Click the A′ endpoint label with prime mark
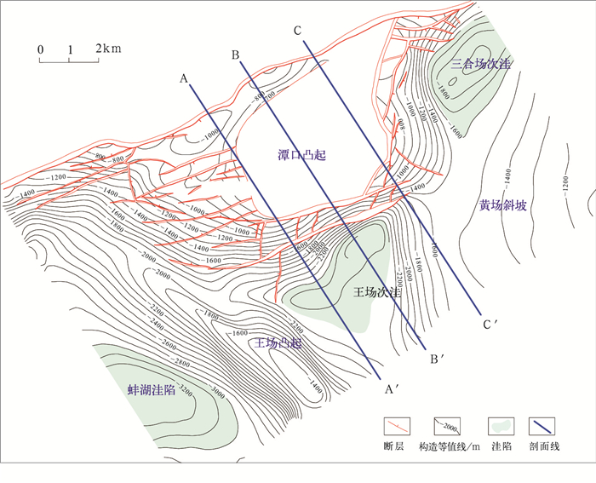pyautogui.click(x=392, y=389)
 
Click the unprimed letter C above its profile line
pyautogui.click(x=297, y=32)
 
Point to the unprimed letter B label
pyautogui.click(x=235, y=56)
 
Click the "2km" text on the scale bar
pyautogui.click(x=108, y=49)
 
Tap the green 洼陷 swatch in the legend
pyautogui.click(x=499, y=425)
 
